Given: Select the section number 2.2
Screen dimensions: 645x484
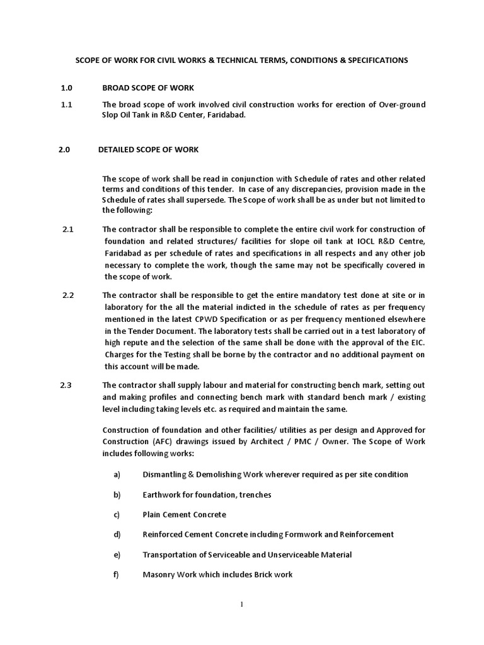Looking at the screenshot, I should click(69, 295).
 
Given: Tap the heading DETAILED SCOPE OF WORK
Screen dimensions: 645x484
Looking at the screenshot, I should click(149, 149).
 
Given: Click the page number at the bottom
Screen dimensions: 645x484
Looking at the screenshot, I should click(241, 605).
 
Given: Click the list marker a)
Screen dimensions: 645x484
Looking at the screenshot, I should click(117, 474).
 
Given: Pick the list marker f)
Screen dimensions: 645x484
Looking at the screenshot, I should click(117, 574).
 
